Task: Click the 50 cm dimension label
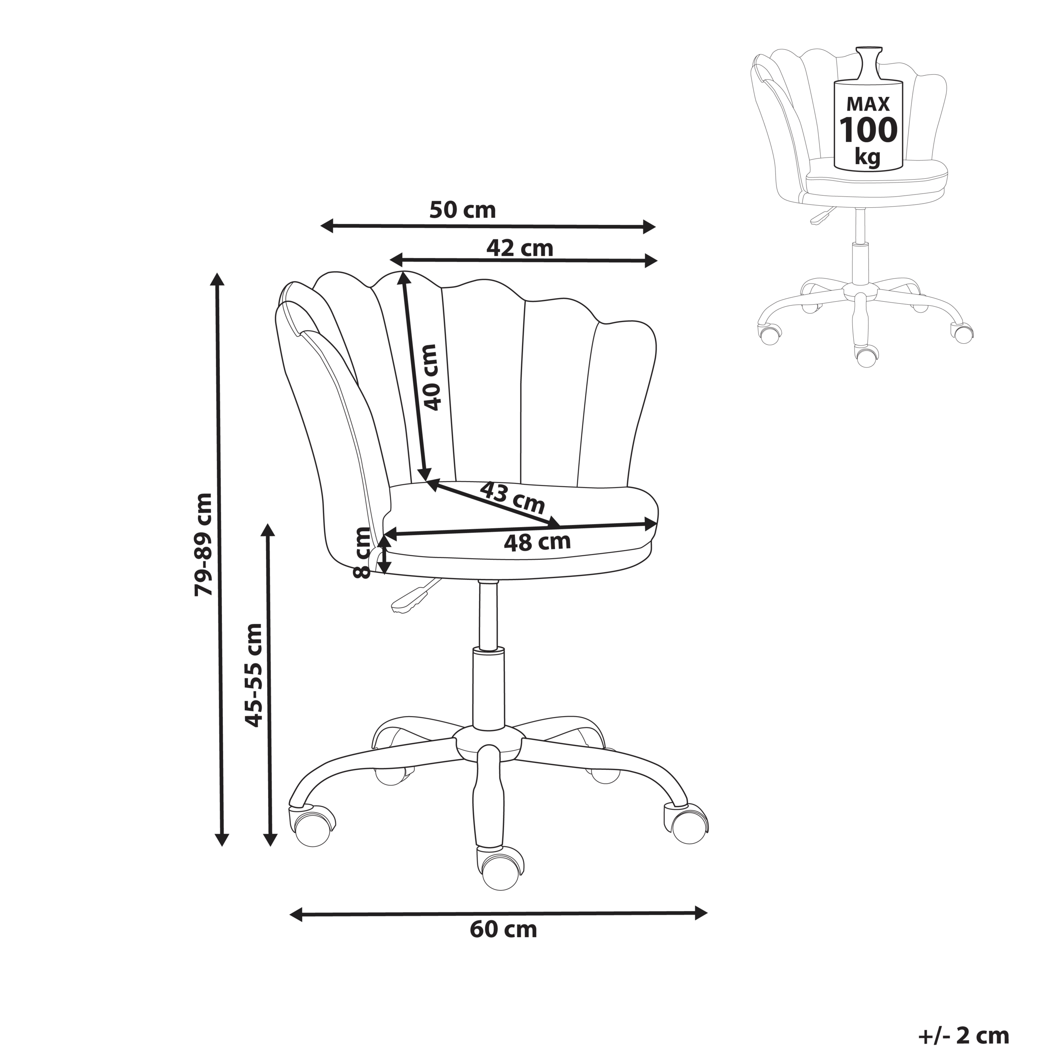point(463,210)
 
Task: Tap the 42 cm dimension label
point(520,249)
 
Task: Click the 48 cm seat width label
point(537,542)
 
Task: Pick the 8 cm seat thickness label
point(362,552)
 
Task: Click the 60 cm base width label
point(503,930)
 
